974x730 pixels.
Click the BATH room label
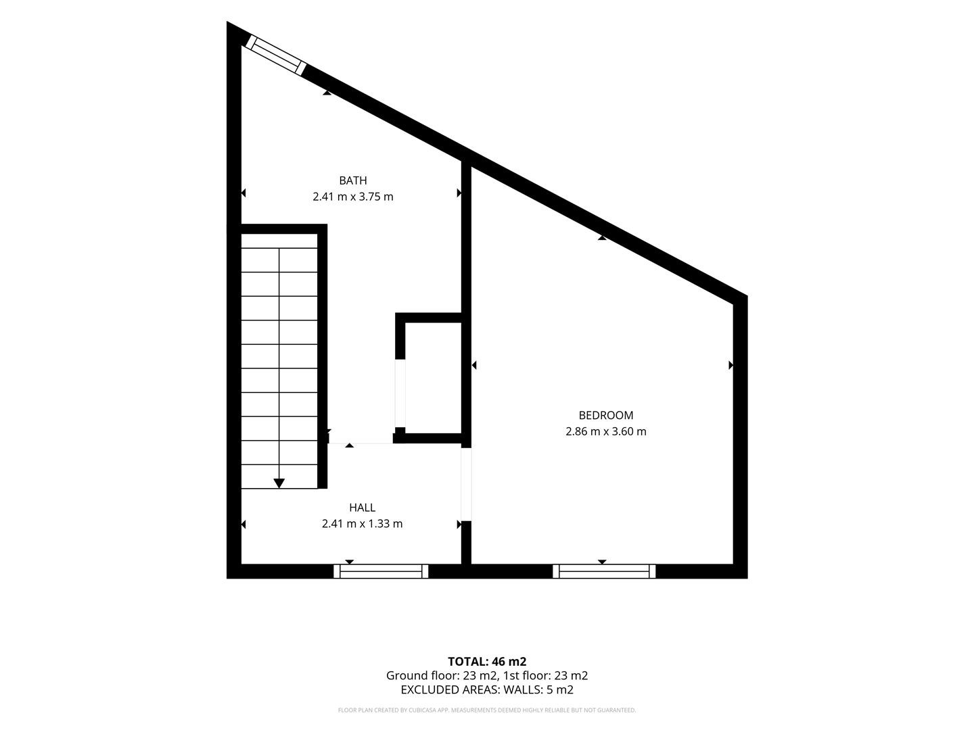point(353,180)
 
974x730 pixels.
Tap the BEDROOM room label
point(605,415)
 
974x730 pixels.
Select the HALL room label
point(362,508)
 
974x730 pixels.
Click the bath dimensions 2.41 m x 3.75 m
point(353,196)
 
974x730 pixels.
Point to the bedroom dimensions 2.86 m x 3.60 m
point(605,431)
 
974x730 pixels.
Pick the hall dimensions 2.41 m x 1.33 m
point(362,523)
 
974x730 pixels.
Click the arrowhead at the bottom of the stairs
point(279,483)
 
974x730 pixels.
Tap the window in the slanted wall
point(276,55)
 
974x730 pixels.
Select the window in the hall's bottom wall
point(381,571)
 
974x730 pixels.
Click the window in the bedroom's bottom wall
point(604,571)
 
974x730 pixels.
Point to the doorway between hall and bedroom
point(466,485)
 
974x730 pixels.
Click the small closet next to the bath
point(433,378)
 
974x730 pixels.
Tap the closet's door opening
point(400,393)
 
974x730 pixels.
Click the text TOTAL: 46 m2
point(487,662)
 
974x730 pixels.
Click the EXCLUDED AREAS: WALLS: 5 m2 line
point(487,689)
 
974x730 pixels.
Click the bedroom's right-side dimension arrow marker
point(730,365)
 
